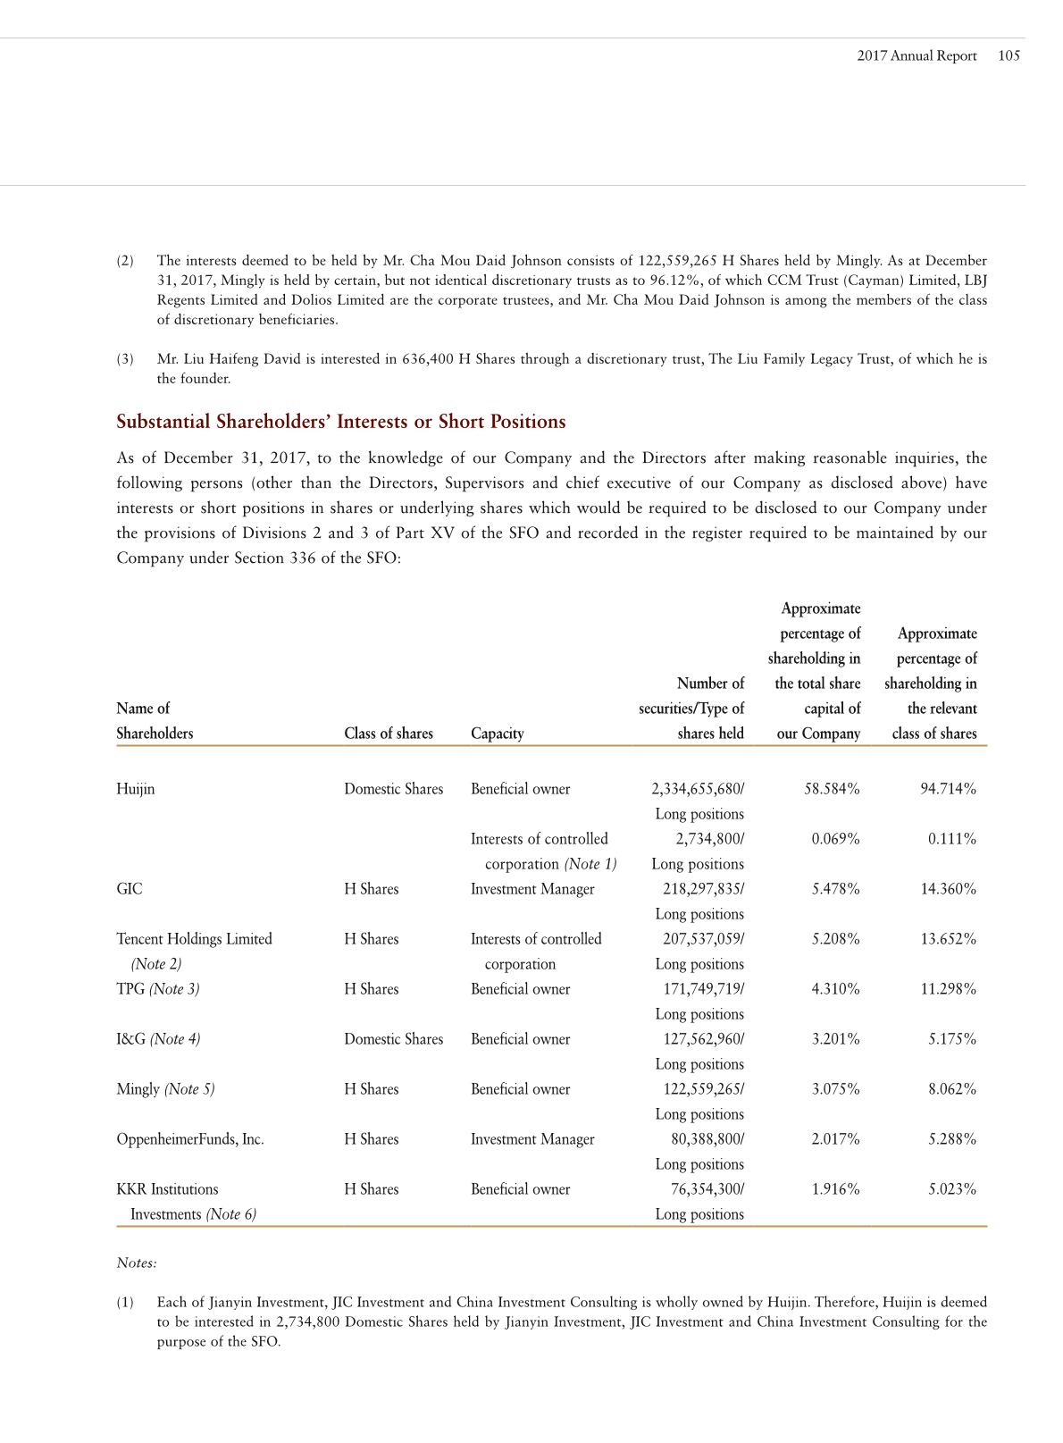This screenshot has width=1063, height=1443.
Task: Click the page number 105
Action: [1009, 55]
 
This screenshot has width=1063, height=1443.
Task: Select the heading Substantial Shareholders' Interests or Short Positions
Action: [340, 422]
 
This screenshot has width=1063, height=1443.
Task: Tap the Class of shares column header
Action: [388, 734]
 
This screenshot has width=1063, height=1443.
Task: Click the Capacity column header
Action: [497, 734]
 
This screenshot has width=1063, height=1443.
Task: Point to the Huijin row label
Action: [135, 789]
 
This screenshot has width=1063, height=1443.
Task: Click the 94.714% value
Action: [948, 789]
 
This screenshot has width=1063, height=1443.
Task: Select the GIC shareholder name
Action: [129, 889]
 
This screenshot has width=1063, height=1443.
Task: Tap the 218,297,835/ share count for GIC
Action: [698, 889]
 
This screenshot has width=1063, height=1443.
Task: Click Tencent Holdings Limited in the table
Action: [194, 939]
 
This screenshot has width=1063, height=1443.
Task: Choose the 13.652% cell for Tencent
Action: [948, 939]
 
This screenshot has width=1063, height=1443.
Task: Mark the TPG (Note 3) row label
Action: [157, 989]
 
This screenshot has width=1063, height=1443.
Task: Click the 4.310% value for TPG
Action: [834, 989]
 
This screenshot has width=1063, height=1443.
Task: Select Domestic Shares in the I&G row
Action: [393, 1039]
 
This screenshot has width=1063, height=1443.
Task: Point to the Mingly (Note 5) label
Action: [165, 1089]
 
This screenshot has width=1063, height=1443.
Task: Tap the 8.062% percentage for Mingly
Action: [951, 1089]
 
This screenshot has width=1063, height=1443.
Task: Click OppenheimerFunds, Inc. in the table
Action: [189, 1139]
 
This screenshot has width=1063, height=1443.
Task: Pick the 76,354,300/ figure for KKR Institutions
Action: [707, 1189]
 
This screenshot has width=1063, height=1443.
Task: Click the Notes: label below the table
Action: [137, 1263]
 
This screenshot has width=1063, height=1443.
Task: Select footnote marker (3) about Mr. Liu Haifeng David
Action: [125, 359]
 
